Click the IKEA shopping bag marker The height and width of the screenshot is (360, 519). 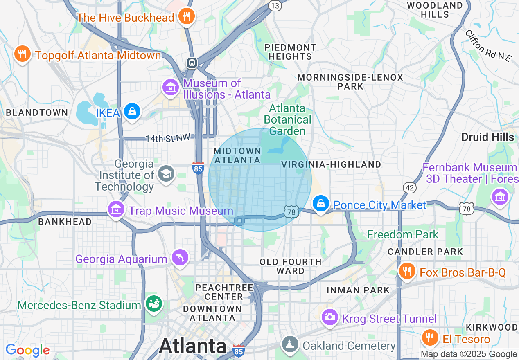(132, 111)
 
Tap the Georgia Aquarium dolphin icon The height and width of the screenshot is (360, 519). (180, 257)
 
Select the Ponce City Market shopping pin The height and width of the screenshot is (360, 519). (321, 203)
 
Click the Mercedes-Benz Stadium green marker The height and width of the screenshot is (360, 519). (154, 304)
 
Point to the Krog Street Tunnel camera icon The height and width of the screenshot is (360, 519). (329, 317)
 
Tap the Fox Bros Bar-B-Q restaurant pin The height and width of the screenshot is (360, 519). (406, 271)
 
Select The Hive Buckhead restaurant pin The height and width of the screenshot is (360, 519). (187, 17)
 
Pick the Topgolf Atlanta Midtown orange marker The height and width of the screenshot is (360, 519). (22, 54)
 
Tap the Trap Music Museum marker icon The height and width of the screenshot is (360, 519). (116, 210)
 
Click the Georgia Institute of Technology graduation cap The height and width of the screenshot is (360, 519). (166, 174)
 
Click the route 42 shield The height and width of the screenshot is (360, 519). (409, 188)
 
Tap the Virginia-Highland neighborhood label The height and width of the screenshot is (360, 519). (331, 164)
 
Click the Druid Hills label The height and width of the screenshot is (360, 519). (487, 137)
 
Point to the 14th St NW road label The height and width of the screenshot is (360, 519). (168, 138)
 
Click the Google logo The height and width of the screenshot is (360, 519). (27, 350)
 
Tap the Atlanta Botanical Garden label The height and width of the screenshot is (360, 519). (287, 119)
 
